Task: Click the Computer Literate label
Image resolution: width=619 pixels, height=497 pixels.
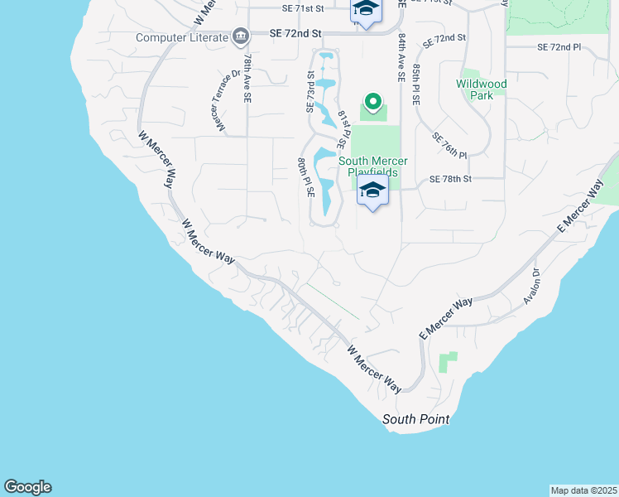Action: pyautogui.click(x=182, y=37)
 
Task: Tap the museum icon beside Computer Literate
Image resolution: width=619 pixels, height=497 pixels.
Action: pyautogui.click(x=241, y=36)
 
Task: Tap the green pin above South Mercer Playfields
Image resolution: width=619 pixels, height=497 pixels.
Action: pyautogui.click(x=373, y=104)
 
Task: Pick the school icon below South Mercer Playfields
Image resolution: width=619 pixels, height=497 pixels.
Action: pyautogui.click(x=373, y=191)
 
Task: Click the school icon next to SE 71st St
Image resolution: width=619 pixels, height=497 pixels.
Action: pyautogui.click(x=365, y=10)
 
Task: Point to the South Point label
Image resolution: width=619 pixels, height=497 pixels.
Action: pyautogui.click(x=415, y=420)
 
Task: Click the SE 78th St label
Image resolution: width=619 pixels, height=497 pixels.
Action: pyautogui.click(x=450, y=179)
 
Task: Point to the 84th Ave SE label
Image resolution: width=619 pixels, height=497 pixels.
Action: pyautogui.click(x=401, y=58)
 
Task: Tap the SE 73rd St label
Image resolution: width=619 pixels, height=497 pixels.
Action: pyautogui.click(x=311, y=91)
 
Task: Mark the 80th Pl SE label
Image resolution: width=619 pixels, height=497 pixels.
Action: pyautogui.click(x=305, y=176)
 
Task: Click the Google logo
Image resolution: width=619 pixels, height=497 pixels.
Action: pyautogui.click(x=27, y=487)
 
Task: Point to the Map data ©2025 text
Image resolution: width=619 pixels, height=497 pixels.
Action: pyautogui.click(x=583, y=490)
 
